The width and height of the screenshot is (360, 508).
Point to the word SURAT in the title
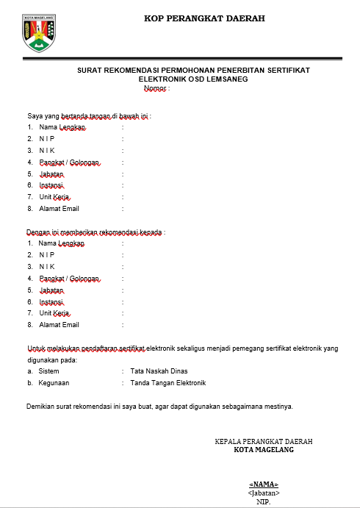pyautogui.click(x=90, y=70)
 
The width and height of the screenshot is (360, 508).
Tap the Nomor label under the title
pyautogui.click(x=155, y=88)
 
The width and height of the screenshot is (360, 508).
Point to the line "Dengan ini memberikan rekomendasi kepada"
pyautogui.click(x=96, y=232)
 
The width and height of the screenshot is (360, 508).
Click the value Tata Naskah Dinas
pyautogui.click(x=157, y=371)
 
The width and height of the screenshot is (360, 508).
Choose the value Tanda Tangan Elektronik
pyautogui.click(x=168, y=383)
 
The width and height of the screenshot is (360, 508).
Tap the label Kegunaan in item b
pyautogui.click(x=54, y=383)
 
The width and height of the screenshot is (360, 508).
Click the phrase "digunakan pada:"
pyautogui.click(x=52, y=359)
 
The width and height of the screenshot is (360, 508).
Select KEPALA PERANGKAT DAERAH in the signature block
pyautogui.click(x=263, y=442)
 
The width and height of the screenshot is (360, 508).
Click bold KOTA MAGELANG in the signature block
pyautogui.click(x=263, y=450)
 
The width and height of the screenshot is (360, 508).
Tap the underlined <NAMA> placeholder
pyautogui.click(x=264, y=484)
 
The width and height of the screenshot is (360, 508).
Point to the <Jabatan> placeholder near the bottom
pyautogui.click(x=264, y=493)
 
